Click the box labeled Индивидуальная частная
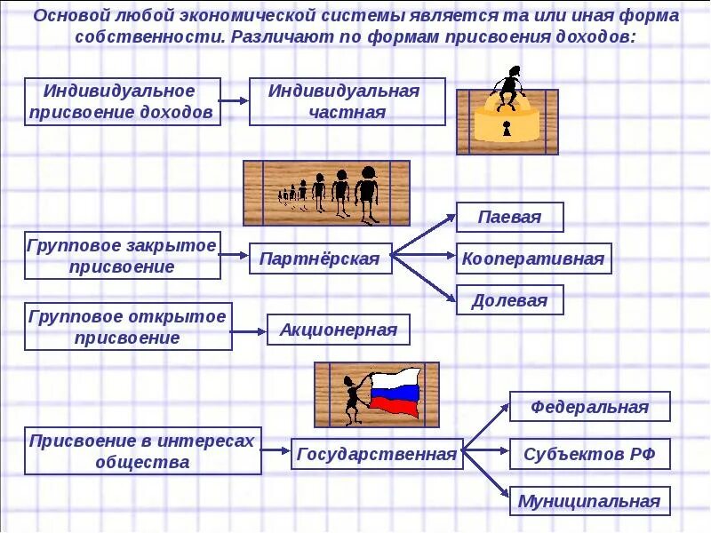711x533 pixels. coord(347,101)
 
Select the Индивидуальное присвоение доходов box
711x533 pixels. coord(122,101)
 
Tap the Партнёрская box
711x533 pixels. coord(320,259)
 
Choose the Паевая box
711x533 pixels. coord(509,217)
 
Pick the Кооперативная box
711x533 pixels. coord(533,259)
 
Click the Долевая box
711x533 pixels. coord(509,300)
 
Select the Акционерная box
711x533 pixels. coord(339,330)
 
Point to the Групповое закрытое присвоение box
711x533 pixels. coord(122,256)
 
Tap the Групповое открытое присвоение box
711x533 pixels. coord(128,327)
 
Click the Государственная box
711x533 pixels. coord(376,454)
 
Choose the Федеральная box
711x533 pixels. coord(589,407)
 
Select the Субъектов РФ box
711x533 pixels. coord(589,454)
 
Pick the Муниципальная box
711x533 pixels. coord(589,501)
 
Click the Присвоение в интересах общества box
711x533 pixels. coord(143,451)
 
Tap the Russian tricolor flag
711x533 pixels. coord(395,394)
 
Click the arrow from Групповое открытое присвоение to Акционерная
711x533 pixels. coord(249,330)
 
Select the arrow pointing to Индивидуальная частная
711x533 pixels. coord(234,101)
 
